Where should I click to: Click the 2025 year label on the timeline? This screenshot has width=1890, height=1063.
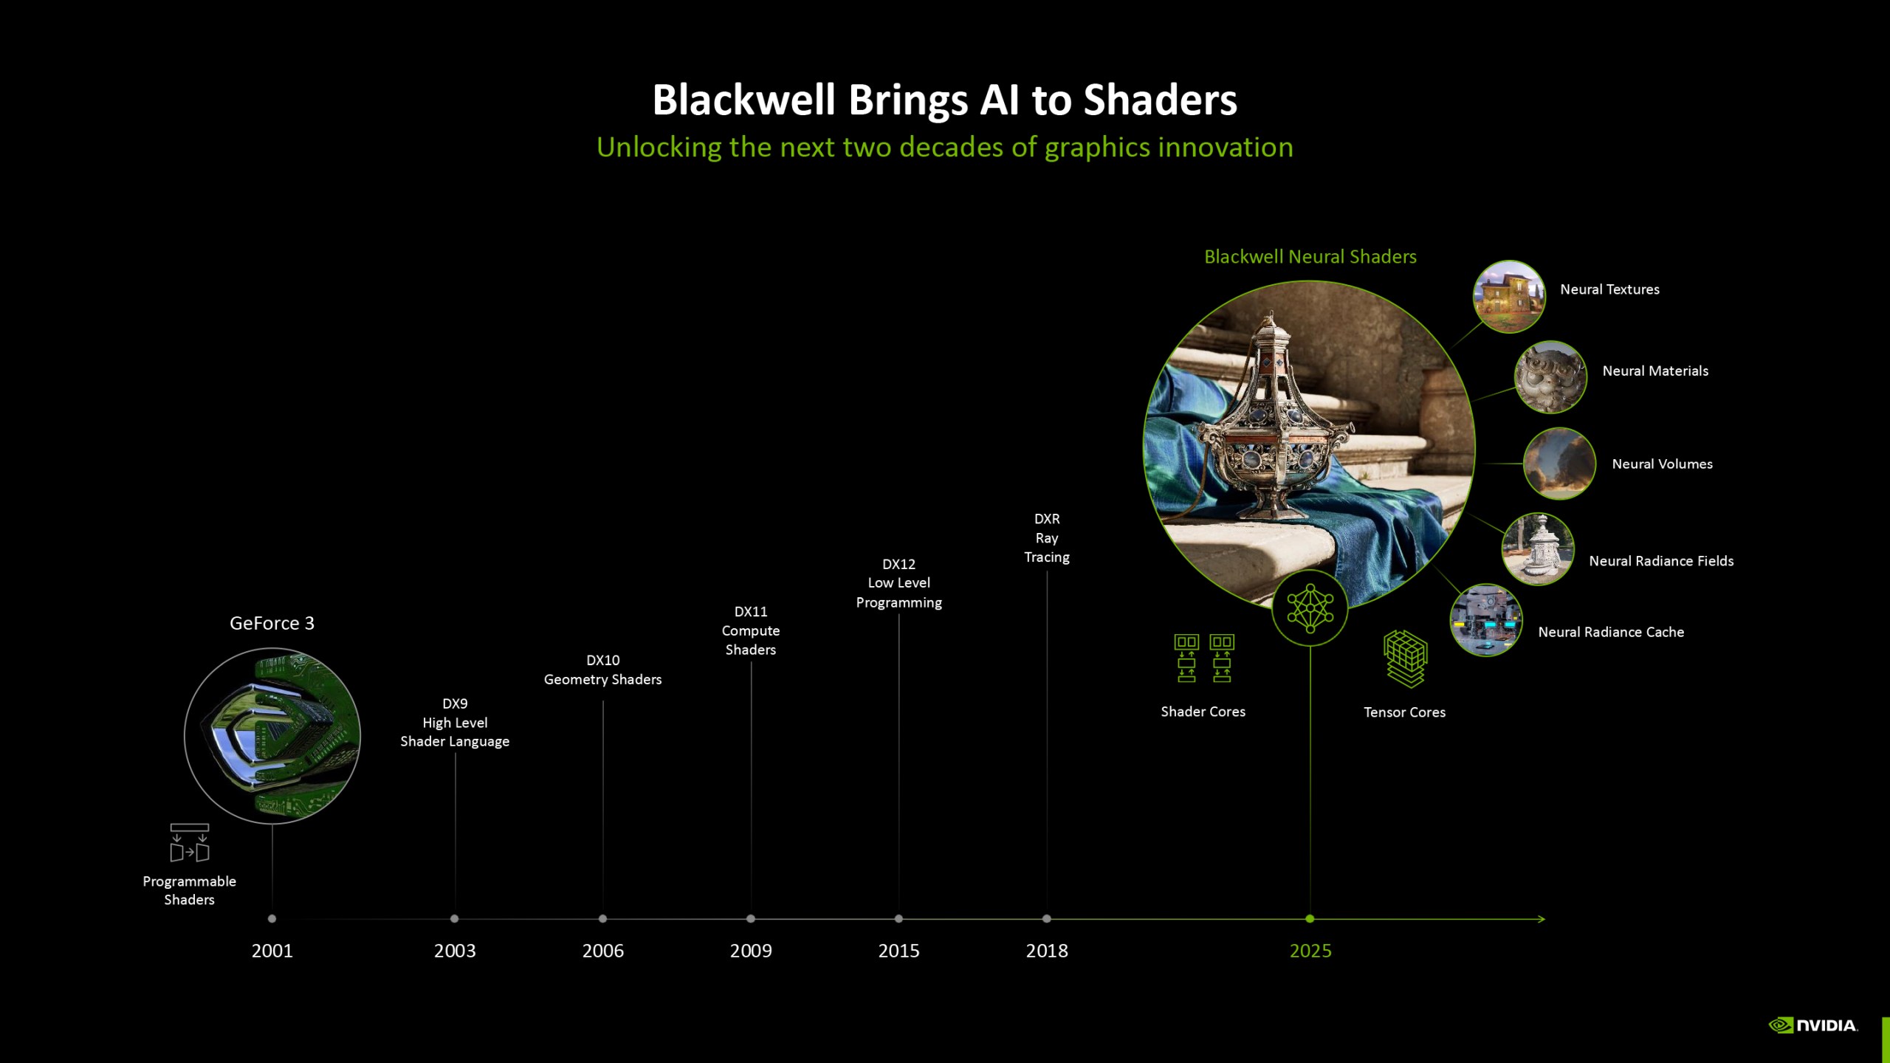1310,951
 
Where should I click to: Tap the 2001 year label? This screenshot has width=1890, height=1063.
272,951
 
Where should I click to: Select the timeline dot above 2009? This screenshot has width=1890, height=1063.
751,919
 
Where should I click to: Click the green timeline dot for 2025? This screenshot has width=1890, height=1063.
1310,919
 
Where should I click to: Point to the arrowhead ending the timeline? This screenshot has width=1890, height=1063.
1542,919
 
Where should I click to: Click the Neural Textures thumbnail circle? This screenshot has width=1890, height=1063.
1508,296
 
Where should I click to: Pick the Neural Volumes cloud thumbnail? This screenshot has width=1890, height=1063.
1559,464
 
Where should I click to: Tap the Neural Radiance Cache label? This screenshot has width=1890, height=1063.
1611,632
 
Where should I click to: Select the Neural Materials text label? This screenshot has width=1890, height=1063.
1655,371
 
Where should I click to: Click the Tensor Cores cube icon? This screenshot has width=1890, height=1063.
1405,658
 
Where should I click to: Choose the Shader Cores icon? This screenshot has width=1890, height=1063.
1203,658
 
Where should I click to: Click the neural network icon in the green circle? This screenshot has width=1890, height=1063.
1310,609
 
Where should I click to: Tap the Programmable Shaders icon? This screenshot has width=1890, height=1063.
190,843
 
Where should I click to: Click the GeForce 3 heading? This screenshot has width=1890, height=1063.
272,624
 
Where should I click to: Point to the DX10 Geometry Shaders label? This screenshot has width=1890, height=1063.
602,670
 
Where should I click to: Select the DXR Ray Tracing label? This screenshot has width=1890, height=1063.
1047,538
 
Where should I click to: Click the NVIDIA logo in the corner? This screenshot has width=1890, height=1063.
1813,1025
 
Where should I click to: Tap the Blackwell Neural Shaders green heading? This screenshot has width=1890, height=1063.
1310,257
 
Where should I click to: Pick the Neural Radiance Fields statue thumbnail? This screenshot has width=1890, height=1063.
1538,549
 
